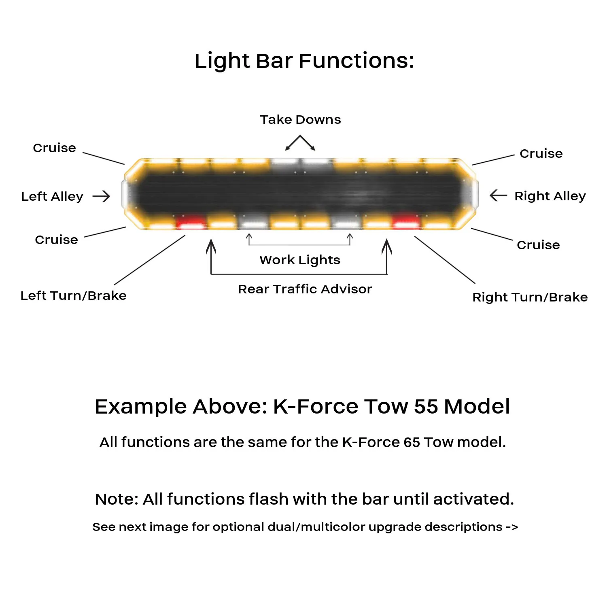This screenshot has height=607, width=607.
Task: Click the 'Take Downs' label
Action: tap(300, 120)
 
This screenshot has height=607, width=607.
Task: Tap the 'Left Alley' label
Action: tap(52, 197)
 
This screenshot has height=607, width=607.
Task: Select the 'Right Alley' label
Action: tap(550, 196)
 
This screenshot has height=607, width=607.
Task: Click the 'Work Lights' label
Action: tap(300, 260)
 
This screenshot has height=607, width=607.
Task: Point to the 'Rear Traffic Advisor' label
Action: tap(305, 289)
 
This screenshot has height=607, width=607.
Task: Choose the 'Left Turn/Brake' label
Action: tap(73, 295)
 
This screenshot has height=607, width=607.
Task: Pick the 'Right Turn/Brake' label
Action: tap(530, 297)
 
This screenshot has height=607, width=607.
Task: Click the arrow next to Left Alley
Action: tap(101, 196)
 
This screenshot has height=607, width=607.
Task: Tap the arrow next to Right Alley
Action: tap(498, 196)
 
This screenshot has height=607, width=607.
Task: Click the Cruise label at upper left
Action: tap(54, 148)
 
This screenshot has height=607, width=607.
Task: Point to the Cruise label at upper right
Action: tap(541, 153)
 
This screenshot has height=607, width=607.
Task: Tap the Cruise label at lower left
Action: tap(56, 240)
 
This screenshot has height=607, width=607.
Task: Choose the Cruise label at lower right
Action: tap(538, 245)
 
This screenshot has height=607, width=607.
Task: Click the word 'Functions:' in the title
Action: tap(356, 61)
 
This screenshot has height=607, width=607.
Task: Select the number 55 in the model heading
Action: tap(426, 406)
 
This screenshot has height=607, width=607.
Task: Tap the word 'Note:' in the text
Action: tap(116, 499)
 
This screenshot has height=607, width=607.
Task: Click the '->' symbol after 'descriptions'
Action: tap(512, 527)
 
